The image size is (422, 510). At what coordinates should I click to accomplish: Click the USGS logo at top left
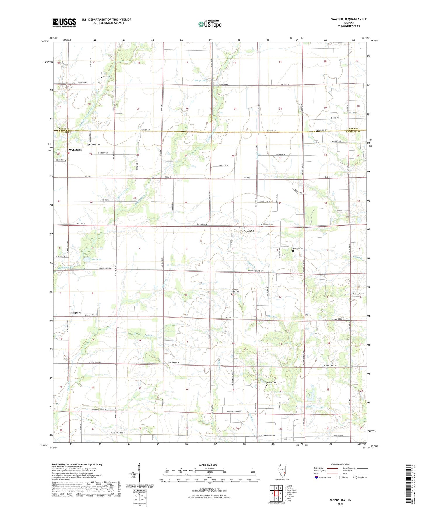[64, 22]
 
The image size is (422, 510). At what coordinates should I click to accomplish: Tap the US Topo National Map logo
[210, 24]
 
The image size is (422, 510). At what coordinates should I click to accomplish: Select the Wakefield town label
[75, 150]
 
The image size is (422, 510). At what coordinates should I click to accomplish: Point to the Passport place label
[75, 313]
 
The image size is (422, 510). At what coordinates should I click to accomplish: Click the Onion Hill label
[249, 231]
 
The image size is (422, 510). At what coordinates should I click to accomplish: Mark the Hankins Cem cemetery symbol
[101, 77]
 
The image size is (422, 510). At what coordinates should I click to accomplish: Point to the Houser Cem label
[272, 383]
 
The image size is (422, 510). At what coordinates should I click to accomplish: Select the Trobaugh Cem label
[358, 294]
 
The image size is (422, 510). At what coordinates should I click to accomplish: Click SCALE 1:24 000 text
[208, 464]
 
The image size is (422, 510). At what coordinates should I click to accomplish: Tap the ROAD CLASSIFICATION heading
[341, 464]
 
